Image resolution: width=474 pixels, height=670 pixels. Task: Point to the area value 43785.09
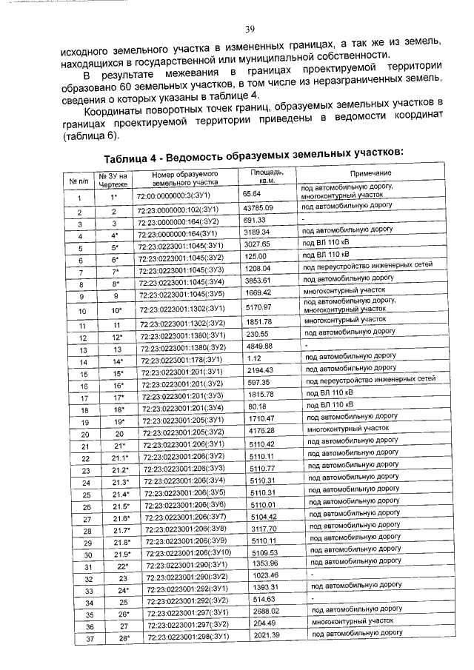[x=258, y=211]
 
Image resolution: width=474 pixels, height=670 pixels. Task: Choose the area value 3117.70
[x=260, y=530]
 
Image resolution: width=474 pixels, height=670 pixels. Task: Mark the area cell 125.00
[x=256, y=255]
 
